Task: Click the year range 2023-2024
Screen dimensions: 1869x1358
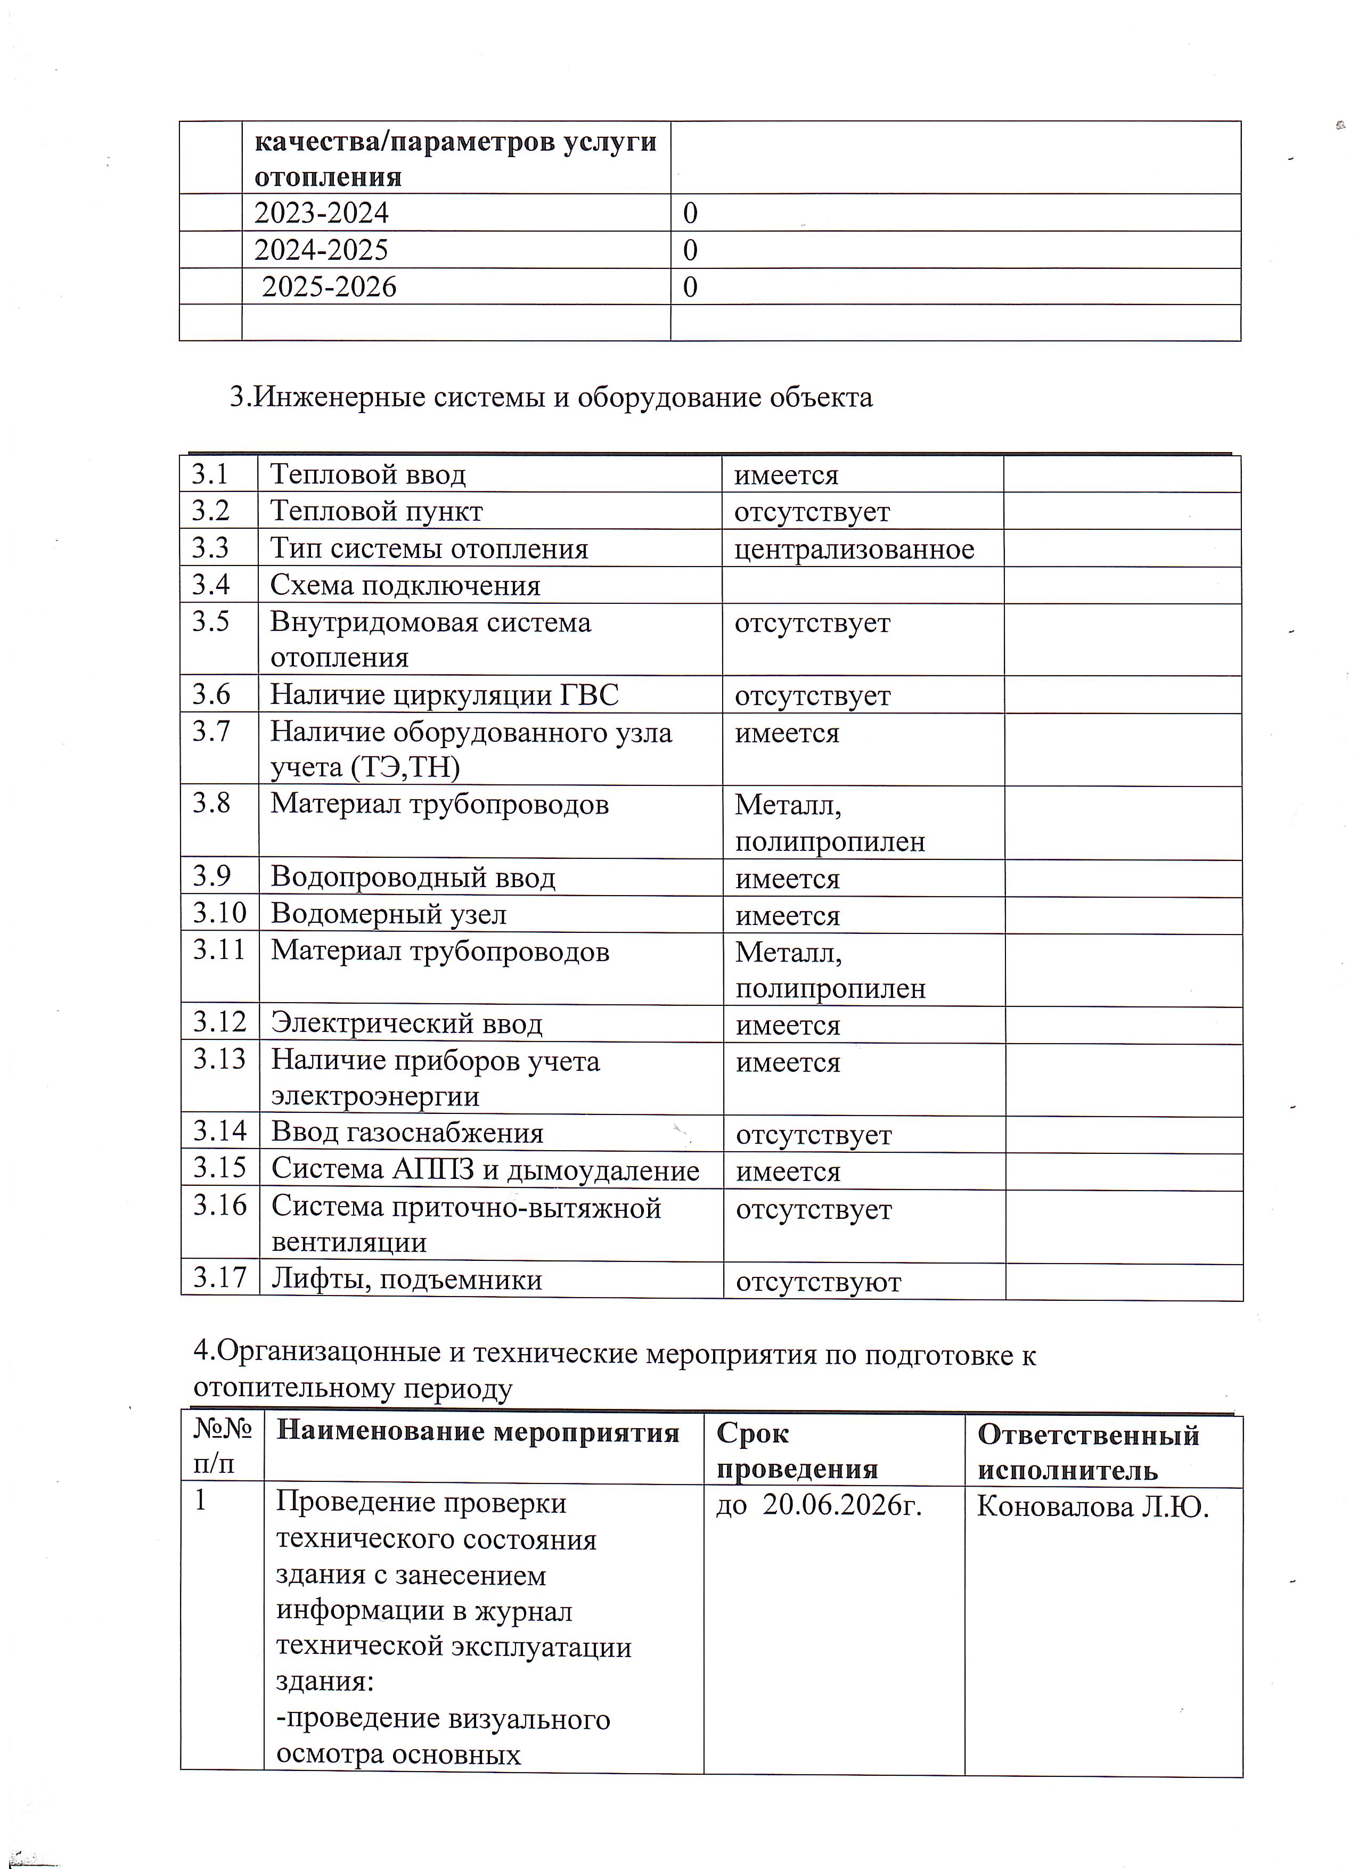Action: click(321, 214)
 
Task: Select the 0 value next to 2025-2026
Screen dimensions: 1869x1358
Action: click(691, 287)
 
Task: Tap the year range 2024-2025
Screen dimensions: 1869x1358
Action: click(321, 250)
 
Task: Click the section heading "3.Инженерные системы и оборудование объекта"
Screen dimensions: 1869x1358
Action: click(551, 397)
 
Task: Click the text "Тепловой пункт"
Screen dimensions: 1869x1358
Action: click(377, 511)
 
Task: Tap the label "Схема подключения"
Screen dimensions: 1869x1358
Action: click(405, 585)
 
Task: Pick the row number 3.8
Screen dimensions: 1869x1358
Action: click(211, 802)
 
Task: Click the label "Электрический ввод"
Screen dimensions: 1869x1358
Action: click(407, 1023)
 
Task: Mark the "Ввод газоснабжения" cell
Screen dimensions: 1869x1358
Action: click(408, 1133)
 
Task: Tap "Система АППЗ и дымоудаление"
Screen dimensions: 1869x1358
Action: click(485, 1169)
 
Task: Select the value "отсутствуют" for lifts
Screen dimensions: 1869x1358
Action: click(818, 1282)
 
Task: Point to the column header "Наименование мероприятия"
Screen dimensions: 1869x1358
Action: click(478, 1433)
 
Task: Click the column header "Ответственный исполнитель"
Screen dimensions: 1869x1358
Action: click(1087, 1452)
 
